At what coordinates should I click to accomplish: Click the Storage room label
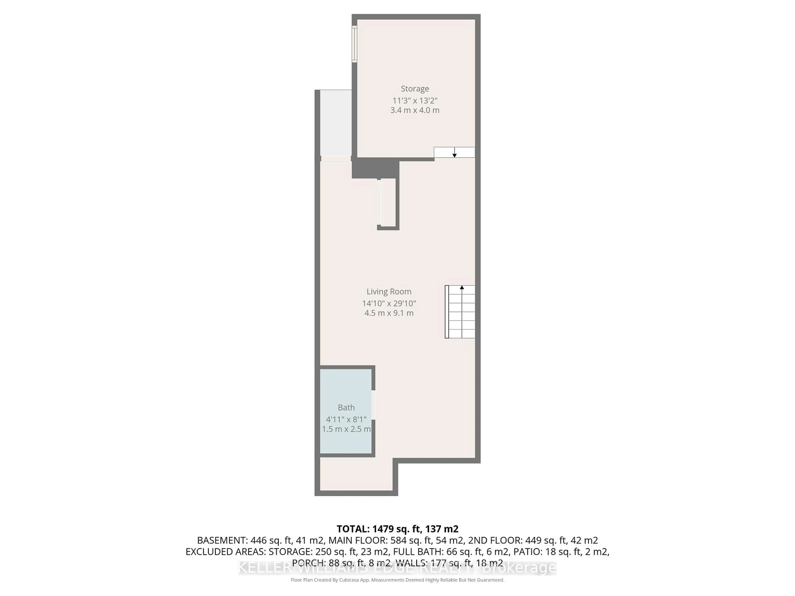coord(415,89)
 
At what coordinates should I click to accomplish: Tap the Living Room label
coord(389,292)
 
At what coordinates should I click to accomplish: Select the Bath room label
coord(346,407)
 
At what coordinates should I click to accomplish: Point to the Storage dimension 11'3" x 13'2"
coord(415,101)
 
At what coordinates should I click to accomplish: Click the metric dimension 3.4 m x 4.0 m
coord(415,110)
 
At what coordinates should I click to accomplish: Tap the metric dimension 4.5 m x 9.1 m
coord(389,313)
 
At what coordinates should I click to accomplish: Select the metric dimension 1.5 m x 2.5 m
coord(346,429)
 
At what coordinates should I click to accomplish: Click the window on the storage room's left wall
coord(354,44)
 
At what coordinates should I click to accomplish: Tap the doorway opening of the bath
coord(373,405)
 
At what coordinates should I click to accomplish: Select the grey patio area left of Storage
coord(335,122)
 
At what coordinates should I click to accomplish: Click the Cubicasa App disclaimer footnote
coord(397,580)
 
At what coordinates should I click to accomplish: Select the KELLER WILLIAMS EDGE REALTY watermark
coord(397,568)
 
